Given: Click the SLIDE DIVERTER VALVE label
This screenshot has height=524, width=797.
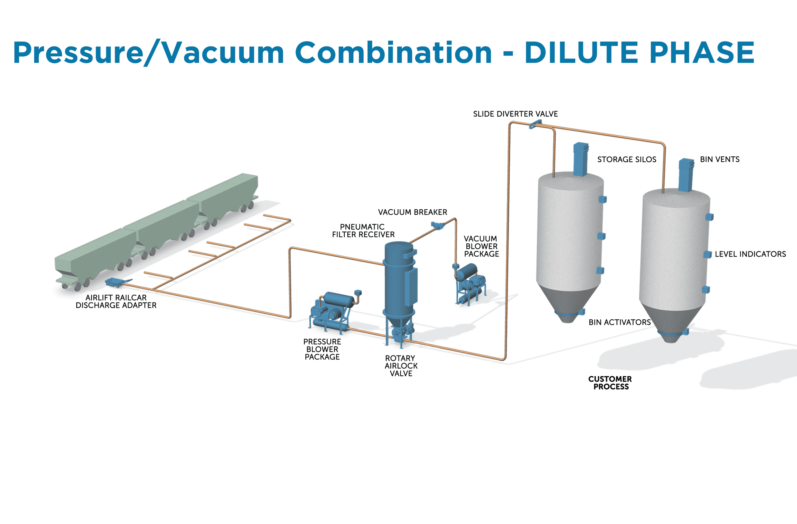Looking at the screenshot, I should pyautogui.click(x=515, y=114).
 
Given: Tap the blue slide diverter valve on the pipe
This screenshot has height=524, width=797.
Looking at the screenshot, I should pyautogui.click(x=535, y=124).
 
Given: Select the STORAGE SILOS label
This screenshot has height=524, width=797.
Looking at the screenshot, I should pyautogui.click(x=627, y=160).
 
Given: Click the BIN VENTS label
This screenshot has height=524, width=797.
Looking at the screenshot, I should pyautogui.click(x=720, y=160).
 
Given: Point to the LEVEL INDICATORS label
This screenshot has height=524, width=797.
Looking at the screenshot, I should pyautogui.click(x=750, y=254).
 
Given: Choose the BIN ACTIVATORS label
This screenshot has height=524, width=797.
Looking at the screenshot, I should pyautogui.click(x=620, y=322).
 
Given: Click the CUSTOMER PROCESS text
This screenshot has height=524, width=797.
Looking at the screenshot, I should pyautogui.click(x=610, y=383).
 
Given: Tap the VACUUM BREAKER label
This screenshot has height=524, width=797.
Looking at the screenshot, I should pyautogui.click(x=413, y=212).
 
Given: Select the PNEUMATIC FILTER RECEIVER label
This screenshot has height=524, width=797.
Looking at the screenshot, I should pyautogui.click(x=363, y=231).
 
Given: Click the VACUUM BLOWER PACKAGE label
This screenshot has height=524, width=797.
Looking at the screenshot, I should pyautogui.click(x=481, y=246).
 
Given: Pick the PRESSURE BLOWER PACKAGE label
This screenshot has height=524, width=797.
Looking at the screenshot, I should pyautogui.click(x=322, y=349).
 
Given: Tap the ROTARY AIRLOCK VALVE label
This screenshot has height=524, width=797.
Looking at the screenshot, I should pyautogui.click(x=401, y=366).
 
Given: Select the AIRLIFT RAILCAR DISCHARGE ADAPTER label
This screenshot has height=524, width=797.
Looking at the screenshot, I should pyautogui.click(x=116, y=302).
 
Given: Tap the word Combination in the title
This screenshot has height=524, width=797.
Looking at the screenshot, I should pyautogui.click(x=394, y=52).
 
